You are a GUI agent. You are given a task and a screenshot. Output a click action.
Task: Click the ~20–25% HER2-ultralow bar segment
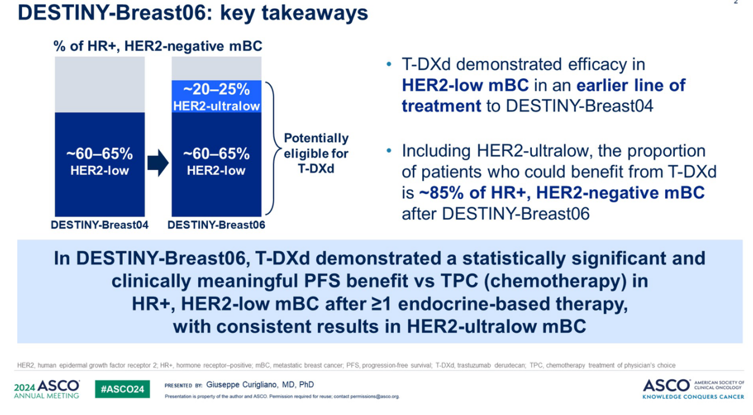point(217,96)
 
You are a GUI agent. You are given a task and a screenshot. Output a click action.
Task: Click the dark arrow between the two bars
point(158,163)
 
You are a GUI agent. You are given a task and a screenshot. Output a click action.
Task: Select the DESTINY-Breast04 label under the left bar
point(100,225)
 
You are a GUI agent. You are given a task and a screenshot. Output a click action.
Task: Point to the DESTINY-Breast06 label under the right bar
point(216,225)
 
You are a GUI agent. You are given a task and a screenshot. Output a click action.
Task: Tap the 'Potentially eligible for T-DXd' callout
point(316,153)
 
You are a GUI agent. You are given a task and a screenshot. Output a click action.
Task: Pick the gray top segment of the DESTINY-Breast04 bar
point(100,84)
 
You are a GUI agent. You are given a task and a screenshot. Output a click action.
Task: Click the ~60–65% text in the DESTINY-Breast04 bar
point(100,154)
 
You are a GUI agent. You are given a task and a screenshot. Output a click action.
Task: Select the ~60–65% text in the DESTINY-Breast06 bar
point(216,154)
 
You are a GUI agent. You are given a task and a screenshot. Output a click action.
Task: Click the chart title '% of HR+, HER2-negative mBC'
point(157,46)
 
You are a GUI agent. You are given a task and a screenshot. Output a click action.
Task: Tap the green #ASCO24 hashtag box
point(122,389)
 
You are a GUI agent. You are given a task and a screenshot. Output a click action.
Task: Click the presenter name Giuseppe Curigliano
point(242,385)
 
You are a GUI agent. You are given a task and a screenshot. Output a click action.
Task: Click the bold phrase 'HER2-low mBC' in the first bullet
point(465,85)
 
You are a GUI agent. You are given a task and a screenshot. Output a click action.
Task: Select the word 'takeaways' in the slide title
point(314,13)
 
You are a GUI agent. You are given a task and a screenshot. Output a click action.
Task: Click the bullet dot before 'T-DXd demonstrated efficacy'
point(389,64)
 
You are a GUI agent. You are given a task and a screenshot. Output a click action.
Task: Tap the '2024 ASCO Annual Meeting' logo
point(47,389)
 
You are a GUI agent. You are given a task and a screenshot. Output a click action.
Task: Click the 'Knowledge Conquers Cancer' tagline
point(693,397)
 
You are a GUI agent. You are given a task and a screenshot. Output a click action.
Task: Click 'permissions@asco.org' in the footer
point(375,396)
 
